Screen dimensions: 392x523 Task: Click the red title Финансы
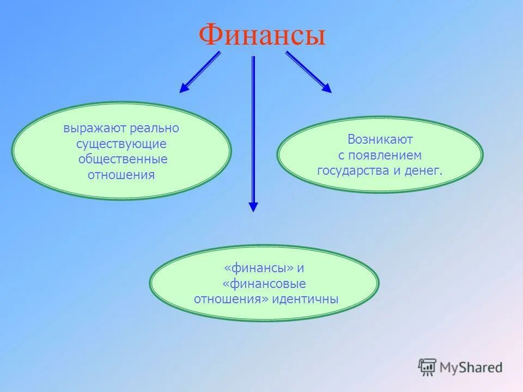tap(262, 35)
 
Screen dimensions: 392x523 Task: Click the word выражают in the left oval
tap(95, 129)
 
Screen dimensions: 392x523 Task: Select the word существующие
tap(121, 144)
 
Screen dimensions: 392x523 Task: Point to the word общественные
tap(123, 160)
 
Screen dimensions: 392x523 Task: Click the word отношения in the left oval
tap(121, 175)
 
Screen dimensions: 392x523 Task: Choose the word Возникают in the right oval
tap(380, 140)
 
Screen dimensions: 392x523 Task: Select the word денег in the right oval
tap(423, 171)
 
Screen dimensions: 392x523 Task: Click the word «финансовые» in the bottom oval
tap(264, 284)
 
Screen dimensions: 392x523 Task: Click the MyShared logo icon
tap(428, 367)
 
